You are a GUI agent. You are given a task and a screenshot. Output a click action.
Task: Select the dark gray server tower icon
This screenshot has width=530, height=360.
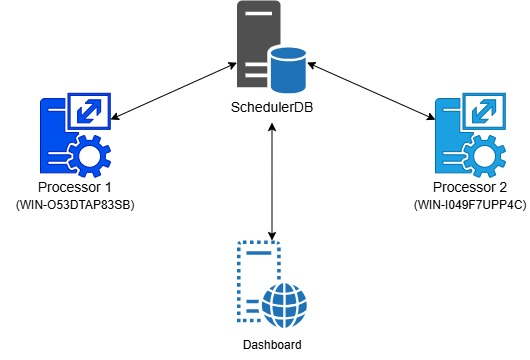click(254, 45)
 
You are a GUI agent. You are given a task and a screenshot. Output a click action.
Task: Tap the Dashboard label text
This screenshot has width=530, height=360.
click(273, 343)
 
